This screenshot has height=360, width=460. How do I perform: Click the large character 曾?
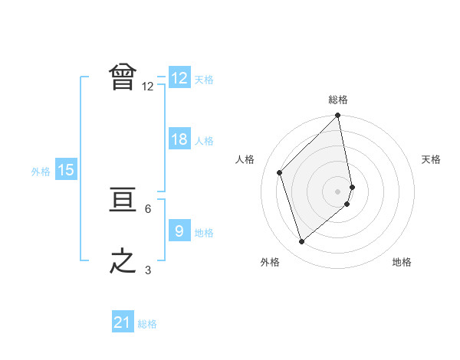pos(123,77)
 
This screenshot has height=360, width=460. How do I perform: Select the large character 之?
pos(123,261)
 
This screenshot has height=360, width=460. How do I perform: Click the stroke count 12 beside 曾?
pos(148,87)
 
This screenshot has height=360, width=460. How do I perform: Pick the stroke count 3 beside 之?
pos(148,270)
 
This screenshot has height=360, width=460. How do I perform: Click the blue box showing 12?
pos(179,78)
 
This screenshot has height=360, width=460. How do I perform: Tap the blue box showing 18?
pos(179,140)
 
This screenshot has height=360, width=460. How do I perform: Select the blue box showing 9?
pos(179,230)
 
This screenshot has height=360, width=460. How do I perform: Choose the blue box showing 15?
pos(66,170)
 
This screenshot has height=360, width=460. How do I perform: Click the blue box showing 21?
pos(122,322)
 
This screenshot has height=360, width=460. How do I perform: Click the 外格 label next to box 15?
pos(41,172)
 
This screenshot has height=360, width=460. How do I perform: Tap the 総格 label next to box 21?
pos(147,324)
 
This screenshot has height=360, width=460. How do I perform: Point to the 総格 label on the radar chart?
pos(338,100)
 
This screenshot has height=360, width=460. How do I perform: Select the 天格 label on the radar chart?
pos(432,159)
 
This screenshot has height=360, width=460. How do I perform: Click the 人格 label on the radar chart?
pos(245,159)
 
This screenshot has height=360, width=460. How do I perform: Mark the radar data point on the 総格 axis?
pos(338,116)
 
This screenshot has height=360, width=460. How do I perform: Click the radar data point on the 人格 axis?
pos(280,172)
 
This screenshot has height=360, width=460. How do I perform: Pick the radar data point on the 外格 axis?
pos(302,242)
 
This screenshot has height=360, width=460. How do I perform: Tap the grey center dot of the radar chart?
pos(338,191)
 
